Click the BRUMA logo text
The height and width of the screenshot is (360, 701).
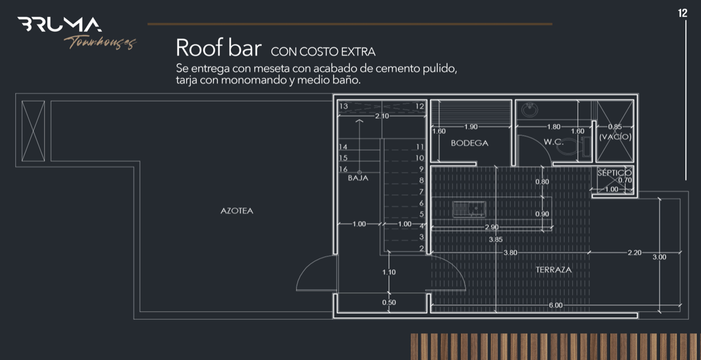tap(60, 25)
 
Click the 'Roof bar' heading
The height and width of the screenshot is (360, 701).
tap(218, 47)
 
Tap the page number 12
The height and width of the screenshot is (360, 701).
tap(682, 13)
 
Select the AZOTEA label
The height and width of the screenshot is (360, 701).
tap(237, 210)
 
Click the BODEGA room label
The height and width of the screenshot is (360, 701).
tap(470, 143)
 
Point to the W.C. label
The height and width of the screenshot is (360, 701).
tap(554, 142)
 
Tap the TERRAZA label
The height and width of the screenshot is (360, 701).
tap(553, 269)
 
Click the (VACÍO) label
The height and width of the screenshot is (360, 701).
tap(615, 137)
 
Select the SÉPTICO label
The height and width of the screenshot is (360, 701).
tap(615, 173)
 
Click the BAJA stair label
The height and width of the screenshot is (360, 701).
tap(358, 178)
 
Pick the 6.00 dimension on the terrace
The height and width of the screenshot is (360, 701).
tap(556, 305)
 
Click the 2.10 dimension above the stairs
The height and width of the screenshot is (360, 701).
tap(382, 116)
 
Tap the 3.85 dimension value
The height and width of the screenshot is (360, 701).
tap(496, 240)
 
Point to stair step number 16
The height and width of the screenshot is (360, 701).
tap(343, 169)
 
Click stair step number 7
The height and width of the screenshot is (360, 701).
tap(422, 192)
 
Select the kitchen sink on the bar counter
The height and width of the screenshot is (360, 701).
tap(469, 209)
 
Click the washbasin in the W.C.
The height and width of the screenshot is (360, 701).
tap(529, 109)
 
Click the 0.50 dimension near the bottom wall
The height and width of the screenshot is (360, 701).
tap(389, 302)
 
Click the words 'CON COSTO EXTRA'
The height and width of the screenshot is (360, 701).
tap(323, 51)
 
